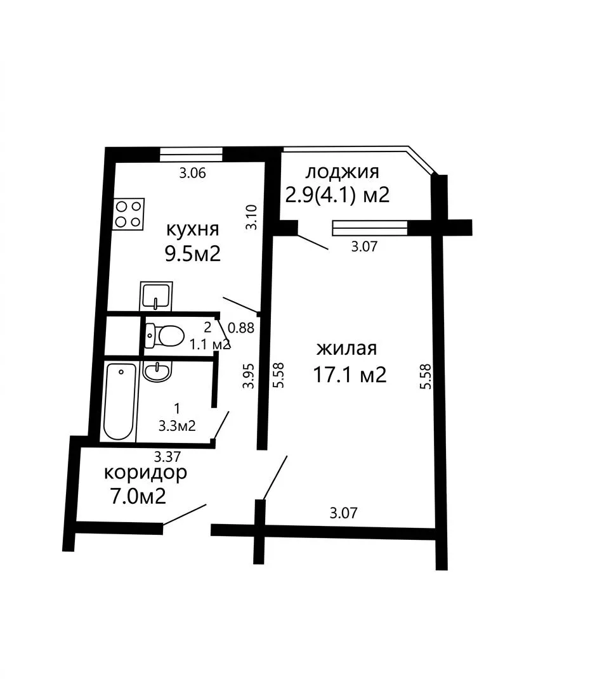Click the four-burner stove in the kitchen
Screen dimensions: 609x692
pos(128,214)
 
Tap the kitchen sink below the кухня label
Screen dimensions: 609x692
pos(156,296)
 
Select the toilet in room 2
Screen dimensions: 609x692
pos(164,336)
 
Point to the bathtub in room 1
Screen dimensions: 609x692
pos(119,401)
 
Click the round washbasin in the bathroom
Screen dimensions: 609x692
pos(157,371)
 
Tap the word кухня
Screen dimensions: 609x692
pos(192,229)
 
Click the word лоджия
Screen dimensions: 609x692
pos(342,172)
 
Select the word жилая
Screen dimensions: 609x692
pos(347,349)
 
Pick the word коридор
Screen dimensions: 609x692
pos(145,473)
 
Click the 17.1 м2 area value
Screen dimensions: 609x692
pos(350,375)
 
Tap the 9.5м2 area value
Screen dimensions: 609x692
pos(193,253)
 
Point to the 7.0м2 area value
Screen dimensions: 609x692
pos(138,496)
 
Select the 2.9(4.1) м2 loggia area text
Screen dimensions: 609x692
pos(337,195)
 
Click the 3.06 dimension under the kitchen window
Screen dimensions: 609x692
pos(192,173)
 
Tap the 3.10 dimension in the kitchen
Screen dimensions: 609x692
pos(251,217)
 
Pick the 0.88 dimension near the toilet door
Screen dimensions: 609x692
pos(241,328)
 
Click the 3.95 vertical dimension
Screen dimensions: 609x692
pos(249,376)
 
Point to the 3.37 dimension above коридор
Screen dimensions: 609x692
pos(167,456)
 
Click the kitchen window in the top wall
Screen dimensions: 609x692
pos(191,154)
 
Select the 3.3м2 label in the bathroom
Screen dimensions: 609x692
pos(177,426)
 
